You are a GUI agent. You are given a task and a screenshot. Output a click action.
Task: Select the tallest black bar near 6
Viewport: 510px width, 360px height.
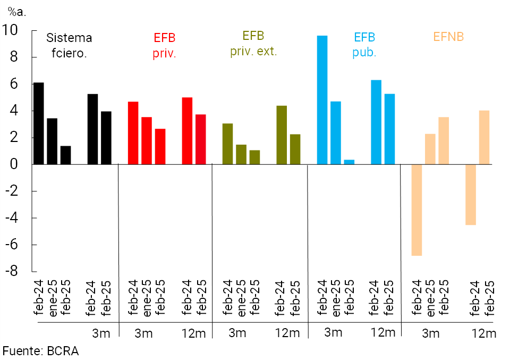tap(38, 123)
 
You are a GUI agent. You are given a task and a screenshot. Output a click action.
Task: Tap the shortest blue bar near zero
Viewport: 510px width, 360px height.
tap(349, 162)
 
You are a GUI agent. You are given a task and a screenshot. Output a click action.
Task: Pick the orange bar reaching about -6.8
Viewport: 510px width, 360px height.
tap(416, 210)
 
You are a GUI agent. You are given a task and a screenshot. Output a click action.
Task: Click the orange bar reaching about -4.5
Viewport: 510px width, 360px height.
tap(470, 195)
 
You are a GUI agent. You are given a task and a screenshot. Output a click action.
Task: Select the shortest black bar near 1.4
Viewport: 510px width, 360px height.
tap(65, 155)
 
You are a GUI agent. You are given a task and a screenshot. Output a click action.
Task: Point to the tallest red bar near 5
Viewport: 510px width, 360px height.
tap(187, 131)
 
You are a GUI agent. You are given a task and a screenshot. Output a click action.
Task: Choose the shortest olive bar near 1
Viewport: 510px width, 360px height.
tap(254, 157)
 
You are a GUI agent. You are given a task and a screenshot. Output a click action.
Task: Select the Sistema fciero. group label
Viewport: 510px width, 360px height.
tap(69, 45)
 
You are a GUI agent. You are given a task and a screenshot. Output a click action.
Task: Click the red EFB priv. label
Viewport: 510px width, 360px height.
tap(164, 45)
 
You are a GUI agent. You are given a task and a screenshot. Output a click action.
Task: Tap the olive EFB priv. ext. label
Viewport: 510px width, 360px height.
tap(253, 44)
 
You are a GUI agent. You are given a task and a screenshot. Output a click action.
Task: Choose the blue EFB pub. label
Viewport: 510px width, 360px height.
tap(364, 45)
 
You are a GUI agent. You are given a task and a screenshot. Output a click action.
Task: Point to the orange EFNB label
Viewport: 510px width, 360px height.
tap(448, 37)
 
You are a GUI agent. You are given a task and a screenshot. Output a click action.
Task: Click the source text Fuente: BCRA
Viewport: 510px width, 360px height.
tap(40, 351)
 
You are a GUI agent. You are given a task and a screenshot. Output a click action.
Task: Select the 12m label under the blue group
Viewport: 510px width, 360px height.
tap(382, 332)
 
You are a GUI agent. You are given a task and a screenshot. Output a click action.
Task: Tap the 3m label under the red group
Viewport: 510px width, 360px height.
tap(143, 333)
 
